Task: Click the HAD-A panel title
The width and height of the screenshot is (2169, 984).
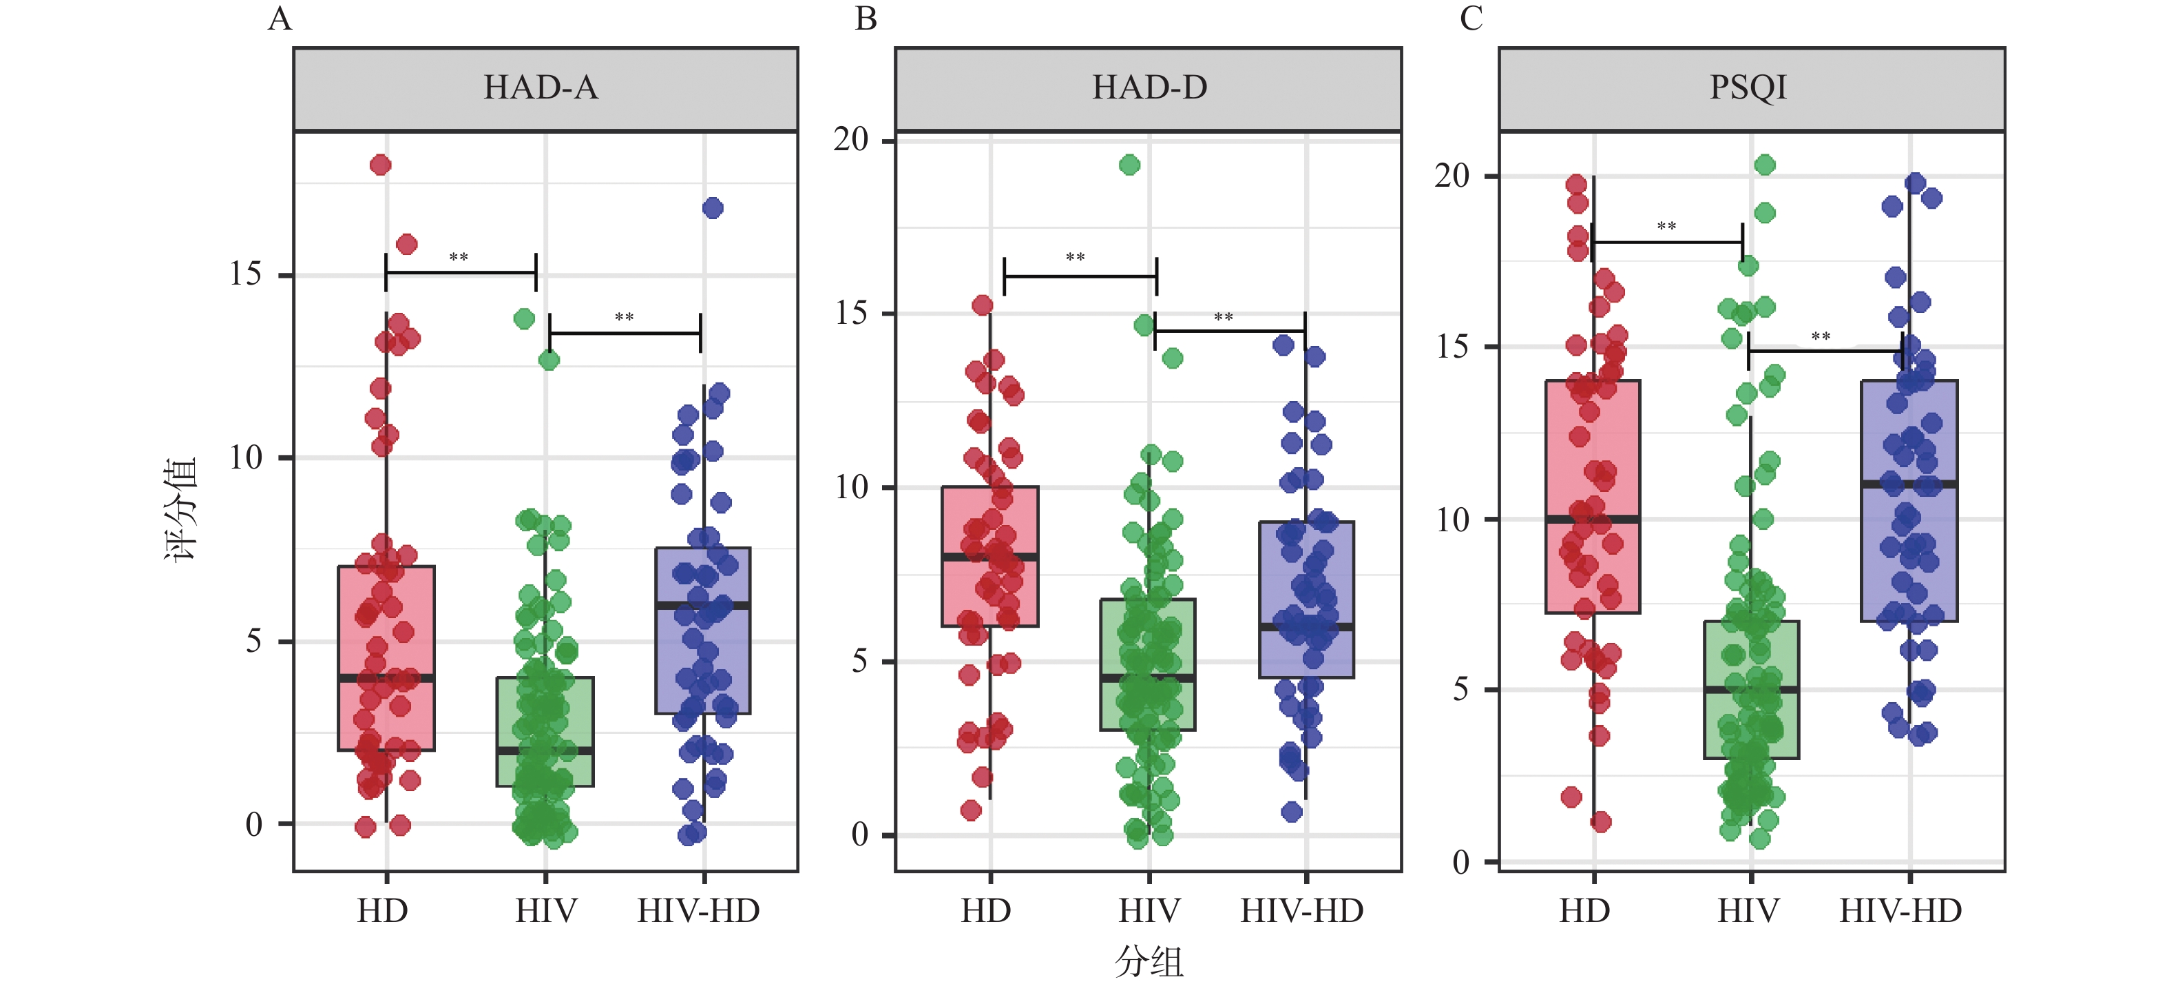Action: tap(541, 88)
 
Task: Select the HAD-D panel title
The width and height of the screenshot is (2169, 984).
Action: tap(1149, 88)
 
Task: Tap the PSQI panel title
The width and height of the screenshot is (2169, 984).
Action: tap(1748, 88)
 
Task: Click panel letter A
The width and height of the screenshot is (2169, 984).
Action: tap(280, 19)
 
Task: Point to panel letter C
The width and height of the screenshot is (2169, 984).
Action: tap(1471, 19)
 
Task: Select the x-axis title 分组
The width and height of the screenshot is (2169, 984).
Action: tap(1149, 961)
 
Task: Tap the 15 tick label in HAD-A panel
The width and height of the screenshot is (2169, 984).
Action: tap(246, 275)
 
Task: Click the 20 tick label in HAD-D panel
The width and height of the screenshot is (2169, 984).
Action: tap(850, 140)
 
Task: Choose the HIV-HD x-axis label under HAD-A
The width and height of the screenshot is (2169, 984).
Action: tap(698, 912)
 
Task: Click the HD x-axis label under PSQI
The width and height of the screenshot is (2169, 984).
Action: tap(1584, 912)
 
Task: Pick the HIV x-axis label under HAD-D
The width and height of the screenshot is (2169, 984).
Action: tap(1149, 912)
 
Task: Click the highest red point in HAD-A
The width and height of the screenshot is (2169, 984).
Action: tap(381, 164)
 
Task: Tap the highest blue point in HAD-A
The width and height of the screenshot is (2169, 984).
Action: tap(713, 207)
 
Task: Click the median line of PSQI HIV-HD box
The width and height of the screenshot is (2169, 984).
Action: tap(1909, 484)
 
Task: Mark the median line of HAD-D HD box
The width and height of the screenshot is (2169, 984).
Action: tap(990, 557)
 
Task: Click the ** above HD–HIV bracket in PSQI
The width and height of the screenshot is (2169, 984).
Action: tap(1666, 227)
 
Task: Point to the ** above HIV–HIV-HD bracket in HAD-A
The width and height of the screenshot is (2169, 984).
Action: tap(624, 318)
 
